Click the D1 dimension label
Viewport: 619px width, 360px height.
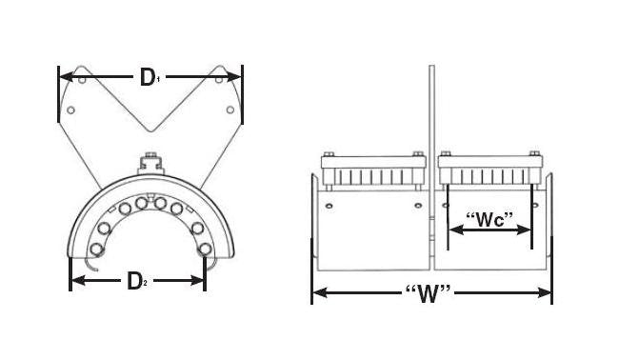150,77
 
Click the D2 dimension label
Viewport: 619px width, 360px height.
136,280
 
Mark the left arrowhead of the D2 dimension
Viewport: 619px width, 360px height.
76,280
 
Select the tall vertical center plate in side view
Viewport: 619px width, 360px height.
431,114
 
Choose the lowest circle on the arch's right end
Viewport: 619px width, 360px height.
205,250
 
